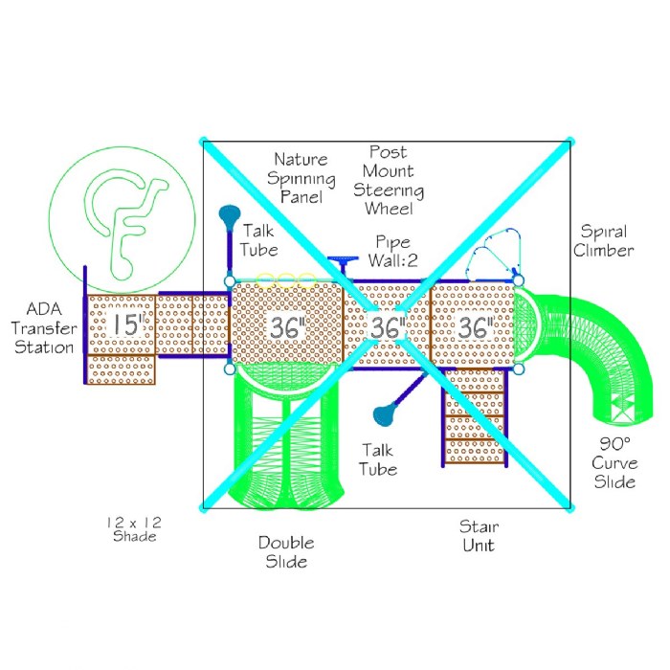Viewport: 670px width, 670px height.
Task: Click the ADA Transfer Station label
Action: (44, 327)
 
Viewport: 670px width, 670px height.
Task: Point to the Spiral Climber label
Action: (605, 241)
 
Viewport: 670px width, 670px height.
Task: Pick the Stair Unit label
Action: (478, 536)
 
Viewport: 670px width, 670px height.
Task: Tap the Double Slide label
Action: (285, 552)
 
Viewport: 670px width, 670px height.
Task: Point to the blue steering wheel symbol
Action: (341, 260)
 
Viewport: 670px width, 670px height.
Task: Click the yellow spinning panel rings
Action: (284, 279)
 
